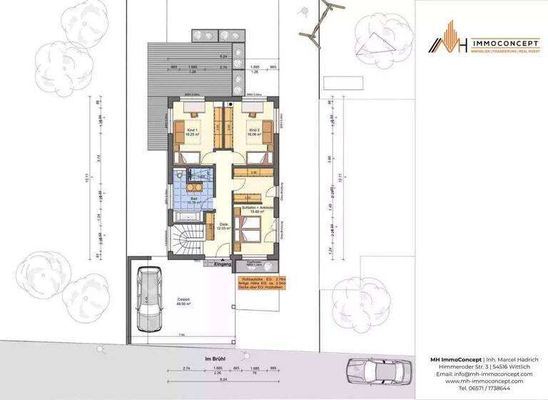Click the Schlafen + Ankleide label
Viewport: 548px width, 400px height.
257,209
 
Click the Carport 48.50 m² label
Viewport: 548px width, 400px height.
183,302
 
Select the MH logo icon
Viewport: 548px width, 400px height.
448,42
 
